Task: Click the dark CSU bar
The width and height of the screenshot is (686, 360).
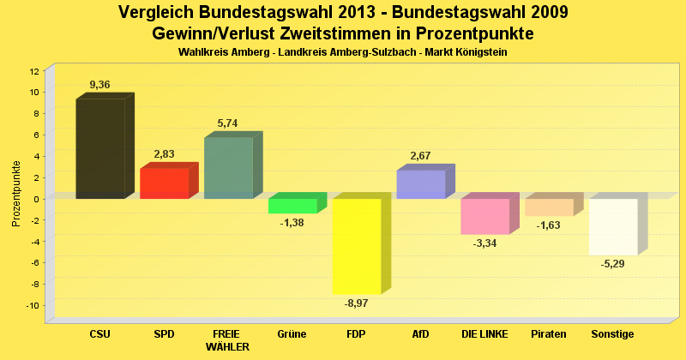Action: click(x=100, y=149)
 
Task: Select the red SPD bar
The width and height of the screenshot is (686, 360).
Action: click(x=164, y=183)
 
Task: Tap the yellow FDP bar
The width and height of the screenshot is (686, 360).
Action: click(x=357, y=246)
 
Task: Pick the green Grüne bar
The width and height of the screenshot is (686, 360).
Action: click(x=292, y=206)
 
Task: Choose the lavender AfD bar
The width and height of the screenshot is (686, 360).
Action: click(x=420, y=184)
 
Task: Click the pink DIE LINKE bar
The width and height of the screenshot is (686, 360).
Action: click(x=484, y=216)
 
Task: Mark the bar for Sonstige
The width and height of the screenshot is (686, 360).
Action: click(x=613, y=226)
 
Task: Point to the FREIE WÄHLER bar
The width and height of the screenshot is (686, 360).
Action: click(x=228, y=168)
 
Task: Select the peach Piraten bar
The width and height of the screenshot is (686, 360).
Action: click(x=549, y=207)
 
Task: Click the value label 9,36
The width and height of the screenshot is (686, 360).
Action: click(x=100, y=84)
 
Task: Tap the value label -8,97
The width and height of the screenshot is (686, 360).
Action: click(x=357, y=303)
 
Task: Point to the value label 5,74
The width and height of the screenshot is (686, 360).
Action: click(x=228, y=123)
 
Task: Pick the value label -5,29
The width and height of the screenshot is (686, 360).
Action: click(x=613, y=263)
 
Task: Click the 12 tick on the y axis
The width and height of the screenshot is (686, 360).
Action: click(x=34, y=70)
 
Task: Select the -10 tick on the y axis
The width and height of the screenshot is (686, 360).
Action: click(x=32, y=306)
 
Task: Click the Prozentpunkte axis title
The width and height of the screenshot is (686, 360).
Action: click(x=16, y=193)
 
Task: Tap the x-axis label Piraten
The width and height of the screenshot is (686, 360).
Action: click(x=549, y=333)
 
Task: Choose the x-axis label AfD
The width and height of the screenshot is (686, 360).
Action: click(x=420, y=333)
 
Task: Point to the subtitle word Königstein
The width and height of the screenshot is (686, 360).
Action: click(x=478, y=52)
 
